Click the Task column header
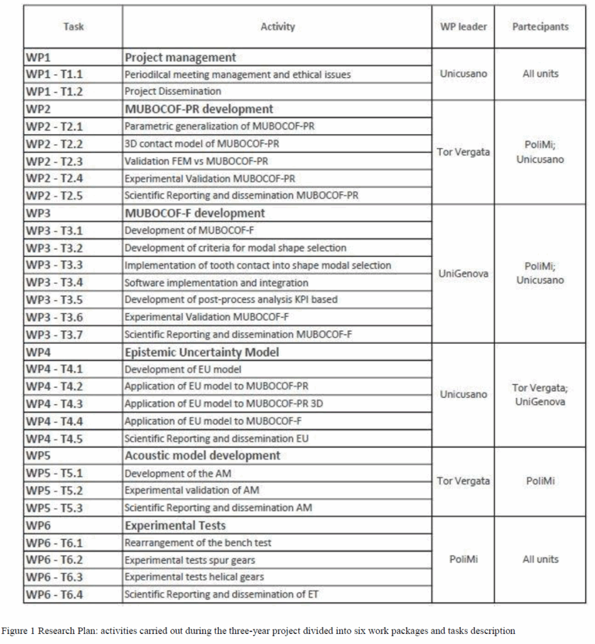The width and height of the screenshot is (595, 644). tap(74, 26)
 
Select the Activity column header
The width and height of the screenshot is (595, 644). tap(277, 26)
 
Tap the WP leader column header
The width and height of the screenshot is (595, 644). tap(464, 26)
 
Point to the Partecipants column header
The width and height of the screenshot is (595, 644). tap(540, 26)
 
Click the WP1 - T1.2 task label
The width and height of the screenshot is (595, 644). tap(54, 91)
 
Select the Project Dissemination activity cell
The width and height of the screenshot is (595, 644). tap(172, 91)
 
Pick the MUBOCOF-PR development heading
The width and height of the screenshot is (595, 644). tap(199, 109)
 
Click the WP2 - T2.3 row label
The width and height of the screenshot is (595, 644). tap(54, 161)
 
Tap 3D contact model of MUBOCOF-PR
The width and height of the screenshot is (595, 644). tap(201, 143)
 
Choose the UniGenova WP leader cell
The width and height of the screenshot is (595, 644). tap(464, 274)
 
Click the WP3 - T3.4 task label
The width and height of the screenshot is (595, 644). tap(54, 282)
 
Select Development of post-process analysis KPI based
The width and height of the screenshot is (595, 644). tap(231, 299)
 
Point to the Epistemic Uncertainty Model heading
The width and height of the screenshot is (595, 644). tap(202, 352)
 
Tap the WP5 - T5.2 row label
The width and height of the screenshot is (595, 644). tap(54, 490)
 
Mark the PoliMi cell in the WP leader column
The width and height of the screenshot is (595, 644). tap(464, 559)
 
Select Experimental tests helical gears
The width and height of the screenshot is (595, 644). tap(194, 577)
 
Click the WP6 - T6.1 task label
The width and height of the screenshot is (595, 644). tap(54, 543)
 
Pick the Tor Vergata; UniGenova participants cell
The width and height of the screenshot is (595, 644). tap(540, 395)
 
